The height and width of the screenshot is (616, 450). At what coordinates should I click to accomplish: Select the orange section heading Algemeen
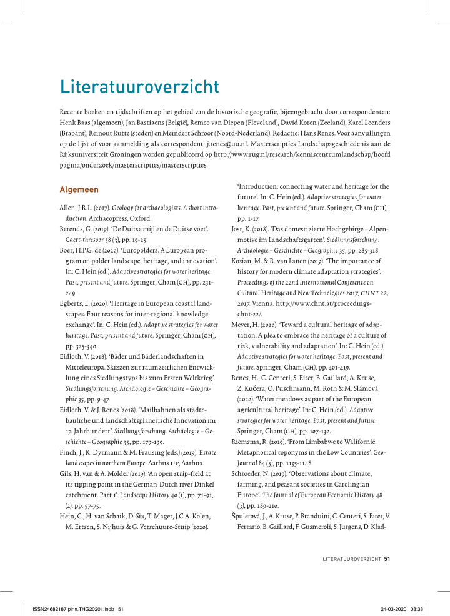pyautogui.click(x=79, y=189)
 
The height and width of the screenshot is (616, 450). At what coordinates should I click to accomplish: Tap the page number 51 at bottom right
pyautogui.click(x=387, y=559)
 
